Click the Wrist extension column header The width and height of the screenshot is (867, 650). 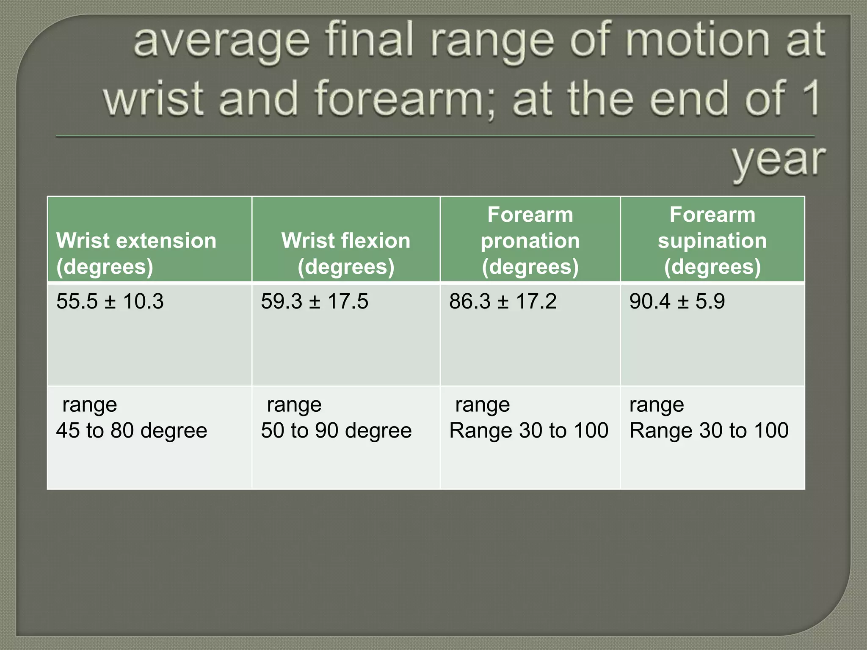pyautogui.click(x=136, y=253)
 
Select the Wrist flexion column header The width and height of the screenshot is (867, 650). pyautogui.click(x=346, y=253)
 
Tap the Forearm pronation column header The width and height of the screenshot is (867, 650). pyautogui.click(x=530, y=240)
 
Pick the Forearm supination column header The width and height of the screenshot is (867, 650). pyautogui.click(x=712, y=240)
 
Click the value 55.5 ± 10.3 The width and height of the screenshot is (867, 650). pyautogui.click(x=110, y=302)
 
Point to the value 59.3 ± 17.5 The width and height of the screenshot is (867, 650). pyautogui.click(x=315, y=302)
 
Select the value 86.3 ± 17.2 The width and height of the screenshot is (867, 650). pyautogui.click(x=503, y=302)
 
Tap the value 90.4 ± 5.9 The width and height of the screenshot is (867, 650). pyautogui.click(x=677, y=302)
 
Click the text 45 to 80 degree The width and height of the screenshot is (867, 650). pyautogui.click(x=132, y=431)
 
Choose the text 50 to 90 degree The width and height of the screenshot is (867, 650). pyautogui.click(x=336, y=431)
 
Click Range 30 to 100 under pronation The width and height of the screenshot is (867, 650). pyautogui.click(x=529, y=431)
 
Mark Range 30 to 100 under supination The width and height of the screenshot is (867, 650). pyautogui.click(x=709, y=431)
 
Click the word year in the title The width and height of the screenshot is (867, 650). pyautogui.click(x=779, y=161)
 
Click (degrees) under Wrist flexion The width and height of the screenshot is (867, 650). pyautogui.click(x=346, y=267)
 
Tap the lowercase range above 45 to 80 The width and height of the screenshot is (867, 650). pyautogui.click(x=89, y=405)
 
